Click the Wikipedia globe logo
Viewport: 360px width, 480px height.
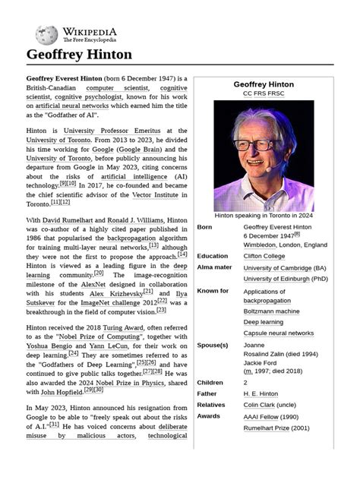click(x=46, y=34)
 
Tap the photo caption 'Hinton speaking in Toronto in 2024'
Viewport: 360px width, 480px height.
click(x=264, y=215)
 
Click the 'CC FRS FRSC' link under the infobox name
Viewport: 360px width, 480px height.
click(x=264, y=93)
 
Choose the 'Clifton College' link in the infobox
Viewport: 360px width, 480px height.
click(x=264, y=256)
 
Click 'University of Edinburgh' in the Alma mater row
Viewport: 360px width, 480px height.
click(x=274, y=279)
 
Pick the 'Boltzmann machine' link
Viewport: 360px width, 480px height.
click(x=271, y=311)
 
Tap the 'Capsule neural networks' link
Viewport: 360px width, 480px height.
click(x=278, y=333)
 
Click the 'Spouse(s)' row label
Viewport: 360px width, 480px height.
click(x=213, y=345)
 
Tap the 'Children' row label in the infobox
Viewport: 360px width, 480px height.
click(x=210, y=383)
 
